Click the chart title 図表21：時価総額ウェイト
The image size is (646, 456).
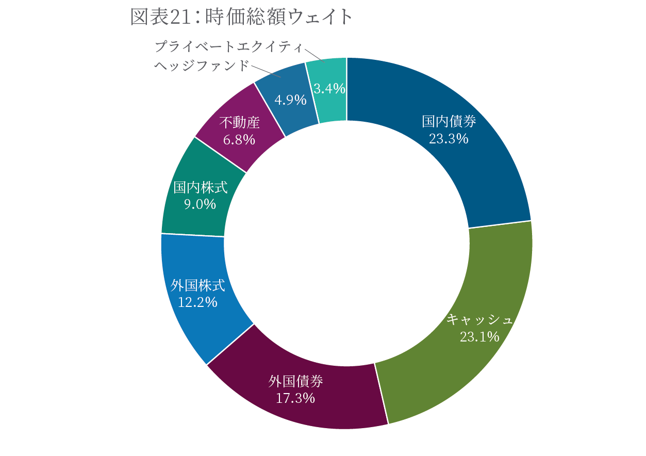coord(241,17)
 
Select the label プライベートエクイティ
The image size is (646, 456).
coord(228,47)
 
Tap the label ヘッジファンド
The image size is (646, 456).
coord(202,66)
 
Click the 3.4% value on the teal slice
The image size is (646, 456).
coord(329,89)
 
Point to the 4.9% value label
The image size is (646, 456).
coord(290,100)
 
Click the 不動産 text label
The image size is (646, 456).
coord(239,123)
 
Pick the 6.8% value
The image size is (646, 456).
coord(239,139)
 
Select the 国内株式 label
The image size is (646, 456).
coord(200,187)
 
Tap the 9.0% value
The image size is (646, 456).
coord(200,204)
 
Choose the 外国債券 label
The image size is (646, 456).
coord(296,381)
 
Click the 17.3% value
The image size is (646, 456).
coord(296,398)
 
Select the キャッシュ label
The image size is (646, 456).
coord(480,320)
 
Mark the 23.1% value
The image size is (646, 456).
coord(480,337)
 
